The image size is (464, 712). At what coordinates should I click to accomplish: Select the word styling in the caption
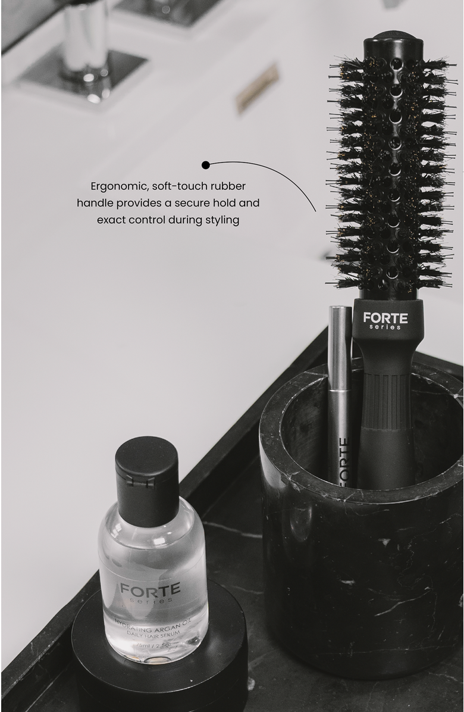click(221, 220)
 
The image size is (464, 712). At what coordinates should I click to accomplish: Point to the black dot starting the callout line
click(205, 164)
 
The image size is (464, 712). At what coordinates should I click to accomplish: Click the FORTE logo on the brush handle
click(385, 317)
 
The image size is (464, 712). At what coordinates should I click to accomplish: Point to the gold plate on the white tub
click(257, 88)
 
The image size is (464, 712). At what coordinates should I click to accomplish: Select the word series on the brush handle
click(385, 327)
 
